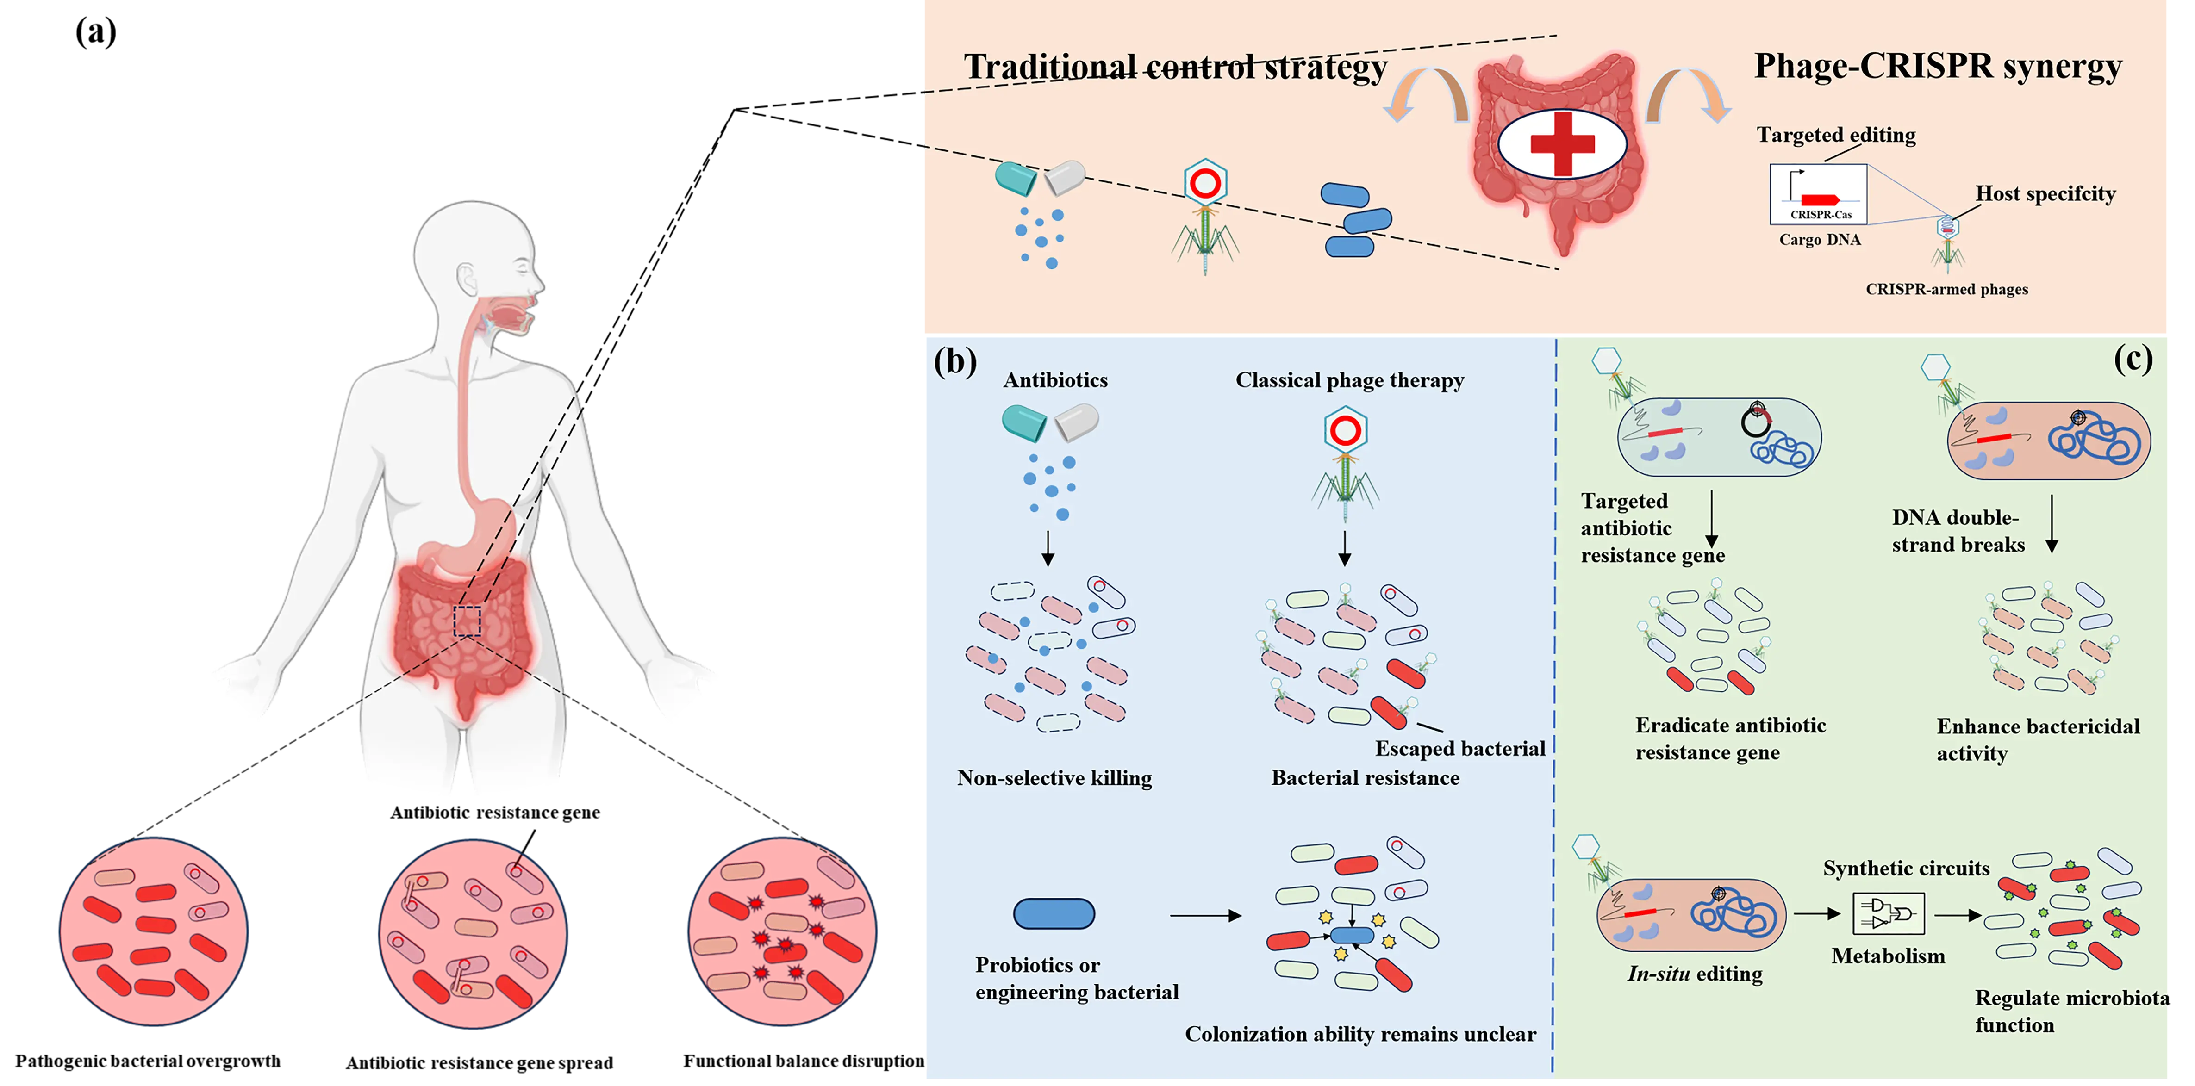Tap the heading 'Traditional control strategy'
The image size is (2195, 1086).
(x=1175, y=67)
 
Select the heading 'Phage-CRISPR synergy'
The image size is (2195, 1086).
(x=1937, y=66)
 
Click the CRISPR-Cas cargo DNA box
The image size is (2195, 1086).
(x=1818, y=195)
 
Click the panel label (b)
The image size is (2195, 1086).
(x=954, y=361)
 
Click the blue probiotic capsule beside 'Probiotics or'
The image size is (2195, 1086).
(x=1054, y=914)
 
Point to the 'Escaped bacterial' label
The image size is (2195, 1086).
(x=1459, y=749)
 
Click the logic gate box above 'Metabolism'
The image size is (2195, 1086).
(x=1888, y=914)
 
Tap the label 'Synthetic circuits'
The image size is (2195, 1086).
(x=1906, y=868)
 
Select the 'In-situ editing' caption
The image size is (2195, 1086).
(x=1695, y=974)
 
